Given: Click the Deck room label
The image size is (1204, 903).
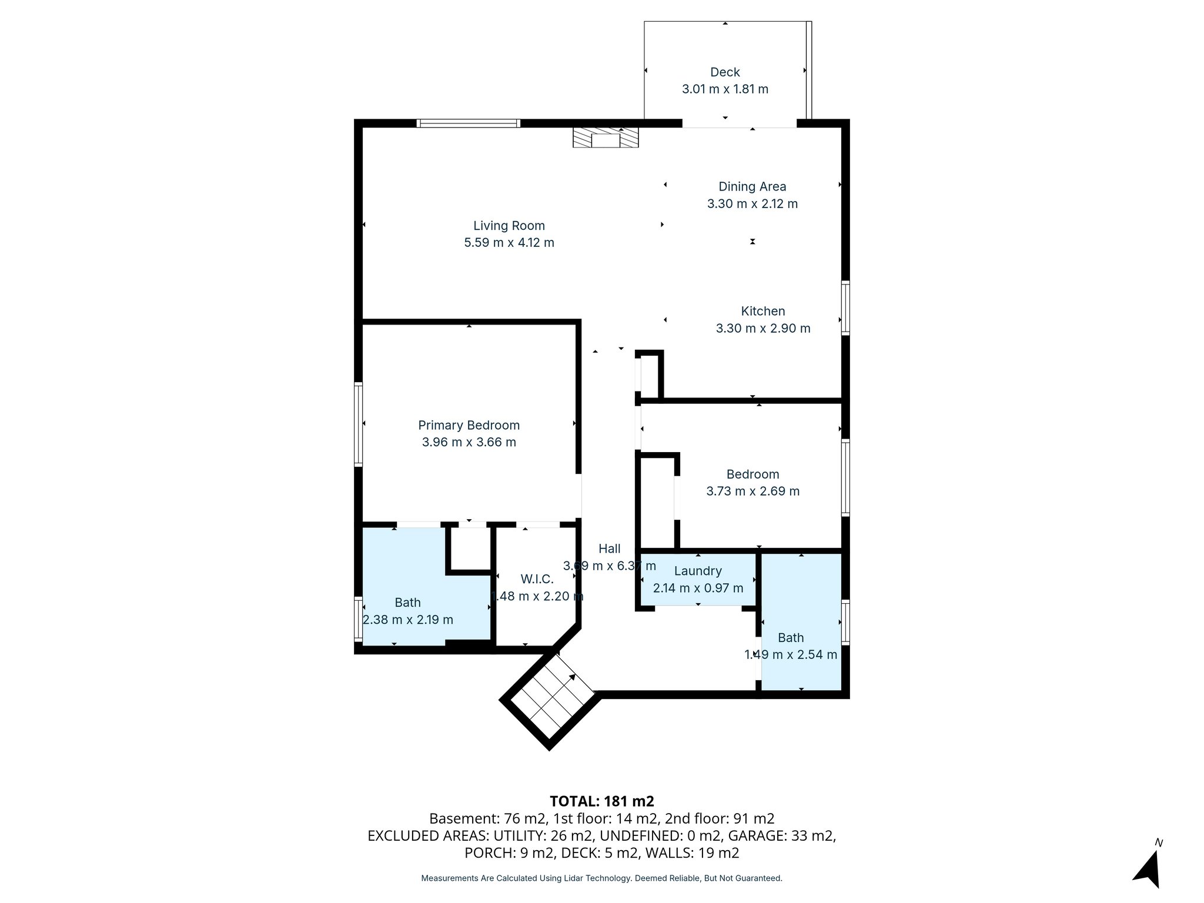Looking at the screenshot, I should tap(725, 72).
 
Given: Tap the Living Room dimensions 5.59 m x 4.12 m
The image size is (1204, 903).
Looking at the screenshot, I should tap(509, 243).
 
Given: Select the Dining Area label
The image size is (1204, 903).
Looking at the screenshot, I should tap(752, 187).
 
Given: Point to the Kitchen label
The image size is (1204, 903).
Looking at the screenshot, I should tap(762, 312).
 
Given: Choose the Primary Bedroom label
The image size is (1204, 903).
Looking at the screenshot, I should tap(469, 425).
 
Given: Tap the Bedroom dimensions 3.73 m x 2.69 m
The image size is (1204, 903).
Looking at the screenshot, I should tap(752, 491).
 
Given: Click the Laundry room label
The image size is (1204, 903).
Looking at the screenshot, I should tap(698, 571).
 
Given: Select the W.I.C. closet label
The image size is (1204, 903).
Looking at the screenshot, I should tap(537, 580).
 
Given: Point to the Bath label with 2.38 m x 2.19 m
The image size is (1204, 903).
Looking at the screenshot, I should tap(407, 603).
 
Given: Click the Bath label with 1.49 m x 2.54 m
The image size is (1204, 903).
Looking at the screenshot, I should tap(791, 638).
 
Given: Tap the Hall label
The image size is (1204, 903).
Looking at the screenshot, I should tap(610, 549).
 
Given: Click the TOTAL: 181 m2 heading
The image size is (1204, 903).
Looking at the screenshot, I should tap(601, 801).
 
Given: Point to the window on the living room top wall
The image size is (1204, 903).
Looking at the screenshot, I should tap(469, 123).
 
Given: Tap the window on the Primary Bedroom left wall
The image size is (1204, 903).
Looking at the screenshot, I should tap(358, 424).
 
